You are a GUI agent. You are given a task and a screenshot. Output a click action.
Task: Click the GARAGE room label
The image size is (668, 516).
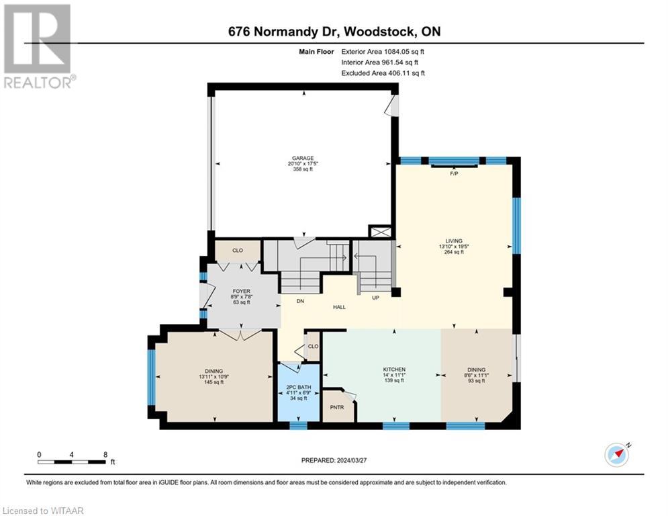click(303, 159)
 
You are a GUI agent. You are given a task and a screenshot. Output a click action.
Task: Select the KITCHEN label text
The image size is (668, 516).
click(394, 370)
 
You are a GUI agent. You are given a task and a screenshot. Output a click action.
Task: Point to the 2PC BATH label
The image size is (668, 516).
click(296, 386)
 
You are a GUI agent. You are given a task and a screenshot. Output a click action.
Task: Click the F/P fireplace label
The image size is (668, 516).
click(454, 173)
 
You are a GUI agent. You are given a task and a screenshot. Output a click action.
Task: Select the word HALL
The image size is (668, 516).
click(340, 306)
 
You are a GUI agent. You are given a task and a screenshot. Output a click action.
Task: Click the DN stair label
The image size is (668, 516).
click(300, 301)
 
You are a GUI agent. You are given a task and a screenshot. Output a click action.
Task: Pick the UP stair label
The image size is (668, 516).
click(375, 297)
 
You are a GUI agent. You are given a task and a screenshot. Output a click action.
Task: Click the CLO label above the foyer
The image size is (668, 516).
click(237, 251)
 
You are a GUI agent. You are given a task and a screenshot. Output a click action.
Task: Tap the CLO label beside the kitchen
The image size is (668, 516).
click(313, 347)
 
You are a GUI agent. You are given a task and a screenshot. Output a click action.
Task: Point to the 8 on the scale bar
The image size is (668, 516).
click(105, 454)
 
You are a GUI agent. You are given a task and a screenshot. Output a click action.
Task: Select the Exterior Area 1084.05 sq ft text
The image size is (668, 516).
click(383, 51)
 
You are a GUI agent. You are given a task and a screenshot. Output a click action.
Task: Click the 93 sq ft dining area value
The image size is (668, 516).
click(477, 381)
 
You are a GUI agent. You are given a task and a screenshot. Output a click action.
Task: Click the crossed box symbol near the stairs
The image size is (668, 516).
click(379, 232)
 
